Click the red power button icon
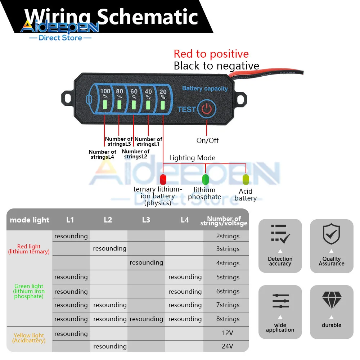click(207, 109)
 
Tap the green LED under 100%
click(105, 104)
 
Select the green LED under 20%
click(163, 105)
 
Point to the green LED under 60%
click(134, 105)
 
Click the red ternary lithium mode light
click(163, 179)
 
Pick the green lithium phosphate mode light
click(206, 179)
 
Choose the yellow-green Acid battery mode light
click(246, 179)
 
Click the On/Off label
click(207, 140)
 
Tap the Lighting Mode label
click(192, 158)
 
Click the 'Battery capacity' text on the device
click(205, 89)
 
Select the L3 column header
click(146, 220)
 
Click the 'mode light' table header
click(30, 220)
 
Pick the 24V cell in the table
click(227, 346)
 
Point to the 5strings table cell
click(228, 277)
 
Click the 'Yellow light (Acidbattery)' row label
click(29, 338)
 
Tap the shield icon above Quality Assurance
click(331, 234)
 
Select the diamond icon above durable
click(332, 300)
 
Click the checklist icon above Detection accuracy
click(280, 234)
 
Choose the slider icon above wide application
click(280, 301)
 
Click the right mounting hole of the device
click(240, 99)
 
